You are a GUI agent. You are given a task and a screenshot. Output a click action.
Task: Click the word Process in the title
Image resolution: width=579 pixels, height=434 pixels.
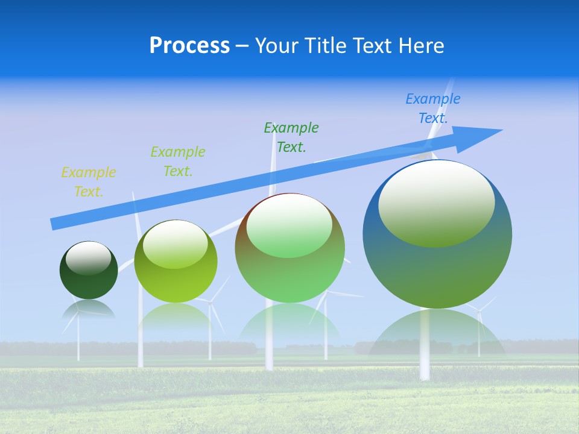189,46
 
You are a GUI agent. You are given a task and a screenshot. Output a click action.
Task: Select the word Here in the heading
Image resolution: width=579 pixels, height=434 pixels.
420,46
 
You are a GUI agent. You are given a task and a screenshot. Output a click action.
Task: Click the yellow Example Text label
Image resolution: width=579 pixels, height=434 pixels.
88,182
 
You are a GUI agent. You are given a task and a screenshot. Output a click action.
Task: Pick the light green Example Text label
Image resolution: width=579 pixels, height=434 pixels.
178,162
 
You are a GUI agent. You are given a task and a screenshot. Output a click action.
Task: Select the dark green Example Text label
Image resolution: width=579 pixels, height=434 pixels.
291,137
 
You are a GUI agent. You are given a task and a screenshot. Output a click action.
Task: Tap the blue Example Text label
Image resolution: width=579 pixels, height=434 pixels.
433,108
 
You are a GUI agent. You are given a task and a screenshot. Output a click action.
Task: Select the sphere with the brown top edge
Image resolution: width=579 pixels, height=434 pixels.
290,265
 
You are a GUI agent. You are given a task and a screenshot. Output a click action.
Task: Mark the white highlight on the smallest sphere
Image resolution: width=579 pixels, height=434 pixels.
88,257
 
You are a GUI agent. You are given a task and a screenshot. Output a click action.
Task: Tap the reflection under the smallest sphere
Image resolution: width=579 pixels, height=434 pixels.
88,309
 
